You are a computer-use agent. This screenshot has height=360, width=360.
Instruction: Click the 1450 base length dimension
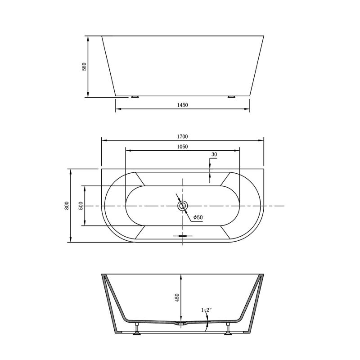pyautogui.click(x=182, y=105)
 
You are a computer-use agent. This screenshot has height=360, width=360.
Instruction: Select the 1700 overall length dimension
pyautogui.click(x=182, y=136)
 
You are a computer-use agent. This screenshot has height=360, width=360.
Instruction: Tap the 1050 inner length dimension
pyautogui.click(x=182, y=147)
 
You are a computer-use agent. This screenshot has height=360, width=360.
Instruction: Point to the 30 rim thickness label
pyautogui.click(x=214, y=154)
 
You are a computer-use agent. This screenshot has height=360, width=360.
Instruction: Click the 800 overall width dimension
pyautogui.click(x=67, y=206)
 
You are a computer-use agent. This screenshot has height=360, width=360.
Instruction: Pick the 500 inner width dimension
pyautogui.click(x=81, y=206)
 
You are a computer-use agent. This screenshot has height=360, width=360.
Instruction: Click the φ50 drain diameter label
pyautogui.click(x=198, y=218)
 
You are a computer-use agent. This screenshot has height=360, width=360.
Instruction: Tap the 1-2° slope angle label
pyautogui.click(x=206, y=310)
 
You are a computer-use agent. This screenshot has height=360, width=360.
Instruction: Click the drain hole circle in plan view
pyautogui.click(x=182, y=206)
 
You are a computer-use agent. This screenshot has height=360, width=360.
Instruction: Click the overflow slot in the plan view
pyautogui.click(x=182, y=235)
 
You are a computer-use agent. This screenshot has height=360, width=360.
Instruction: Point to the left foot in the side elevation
pyautogui.click(x=135, y=96)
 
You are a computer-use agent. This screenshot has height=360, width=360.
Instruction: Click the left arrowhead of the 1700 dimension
pyautogui.click(x=103, y=140)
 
